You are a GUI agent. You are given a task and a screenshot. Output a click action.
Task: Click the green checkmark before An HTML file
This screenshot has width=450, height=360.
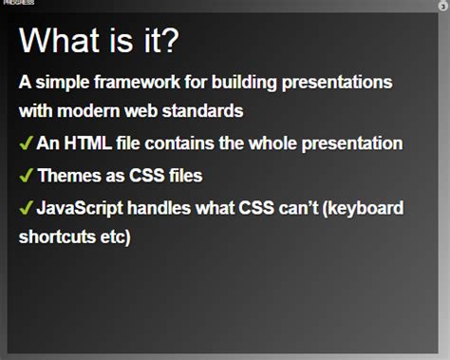pos(26,143)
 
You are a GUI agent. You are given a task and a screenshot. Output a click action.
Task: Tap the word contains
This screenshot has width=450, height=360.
pos(186,144)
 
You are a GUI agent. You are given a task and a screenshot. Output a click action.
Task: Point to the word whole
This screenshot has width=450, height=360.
pos(286,144)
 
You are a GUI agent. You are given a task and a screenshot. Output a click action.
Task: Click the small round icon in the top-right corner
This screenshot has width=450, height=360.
pos(442,6)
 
